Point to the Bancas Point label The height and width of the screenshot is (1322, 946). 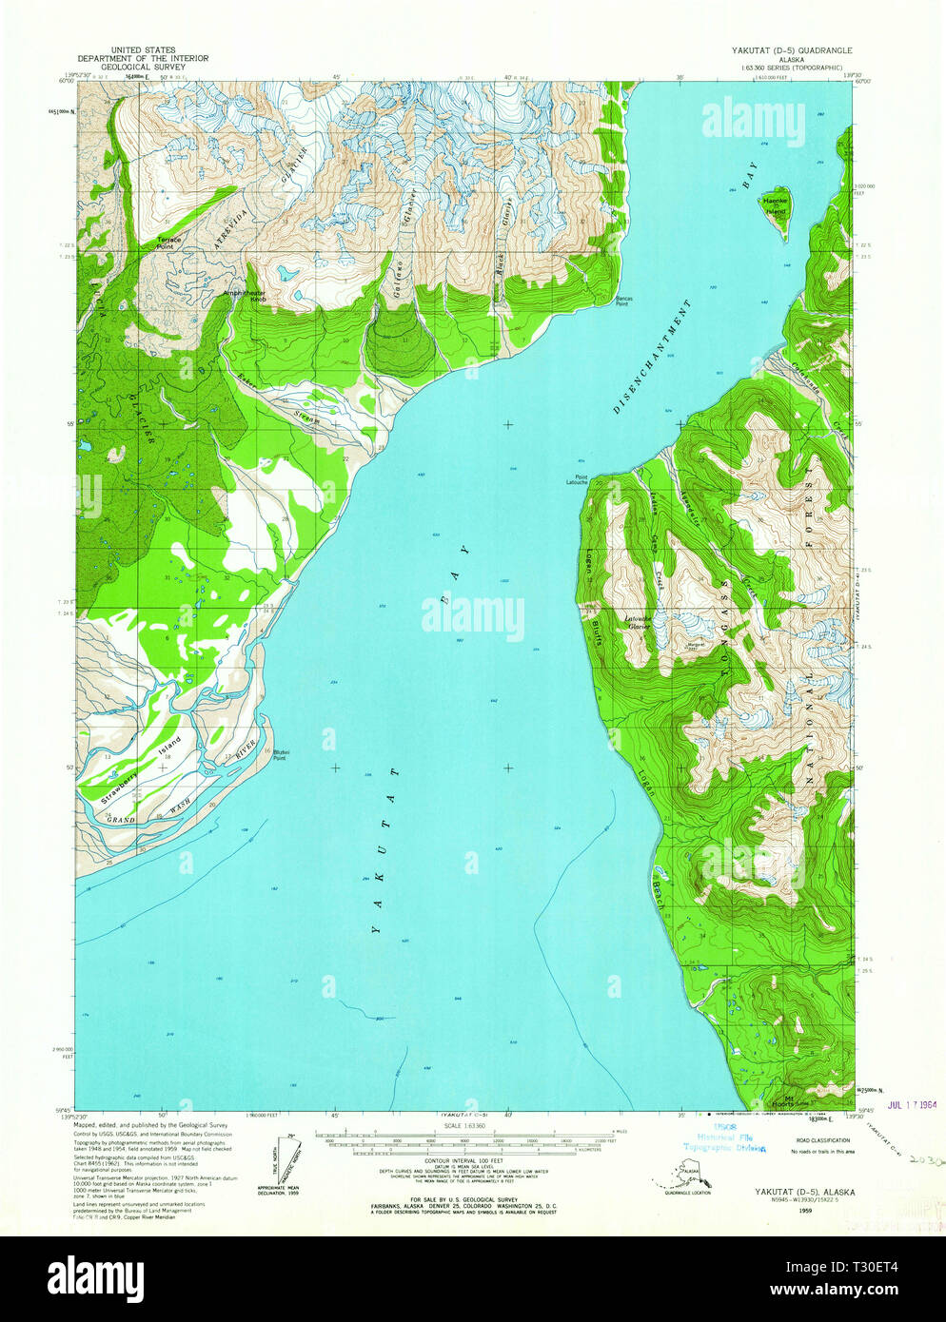point(621,301)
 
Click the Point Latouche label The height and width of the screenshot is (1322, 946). point(576,479)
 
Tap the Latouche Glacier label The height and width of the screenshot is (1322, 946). point(637,623)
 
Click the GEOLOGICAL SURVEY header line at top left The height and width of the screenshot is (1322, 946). point(159,68)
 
